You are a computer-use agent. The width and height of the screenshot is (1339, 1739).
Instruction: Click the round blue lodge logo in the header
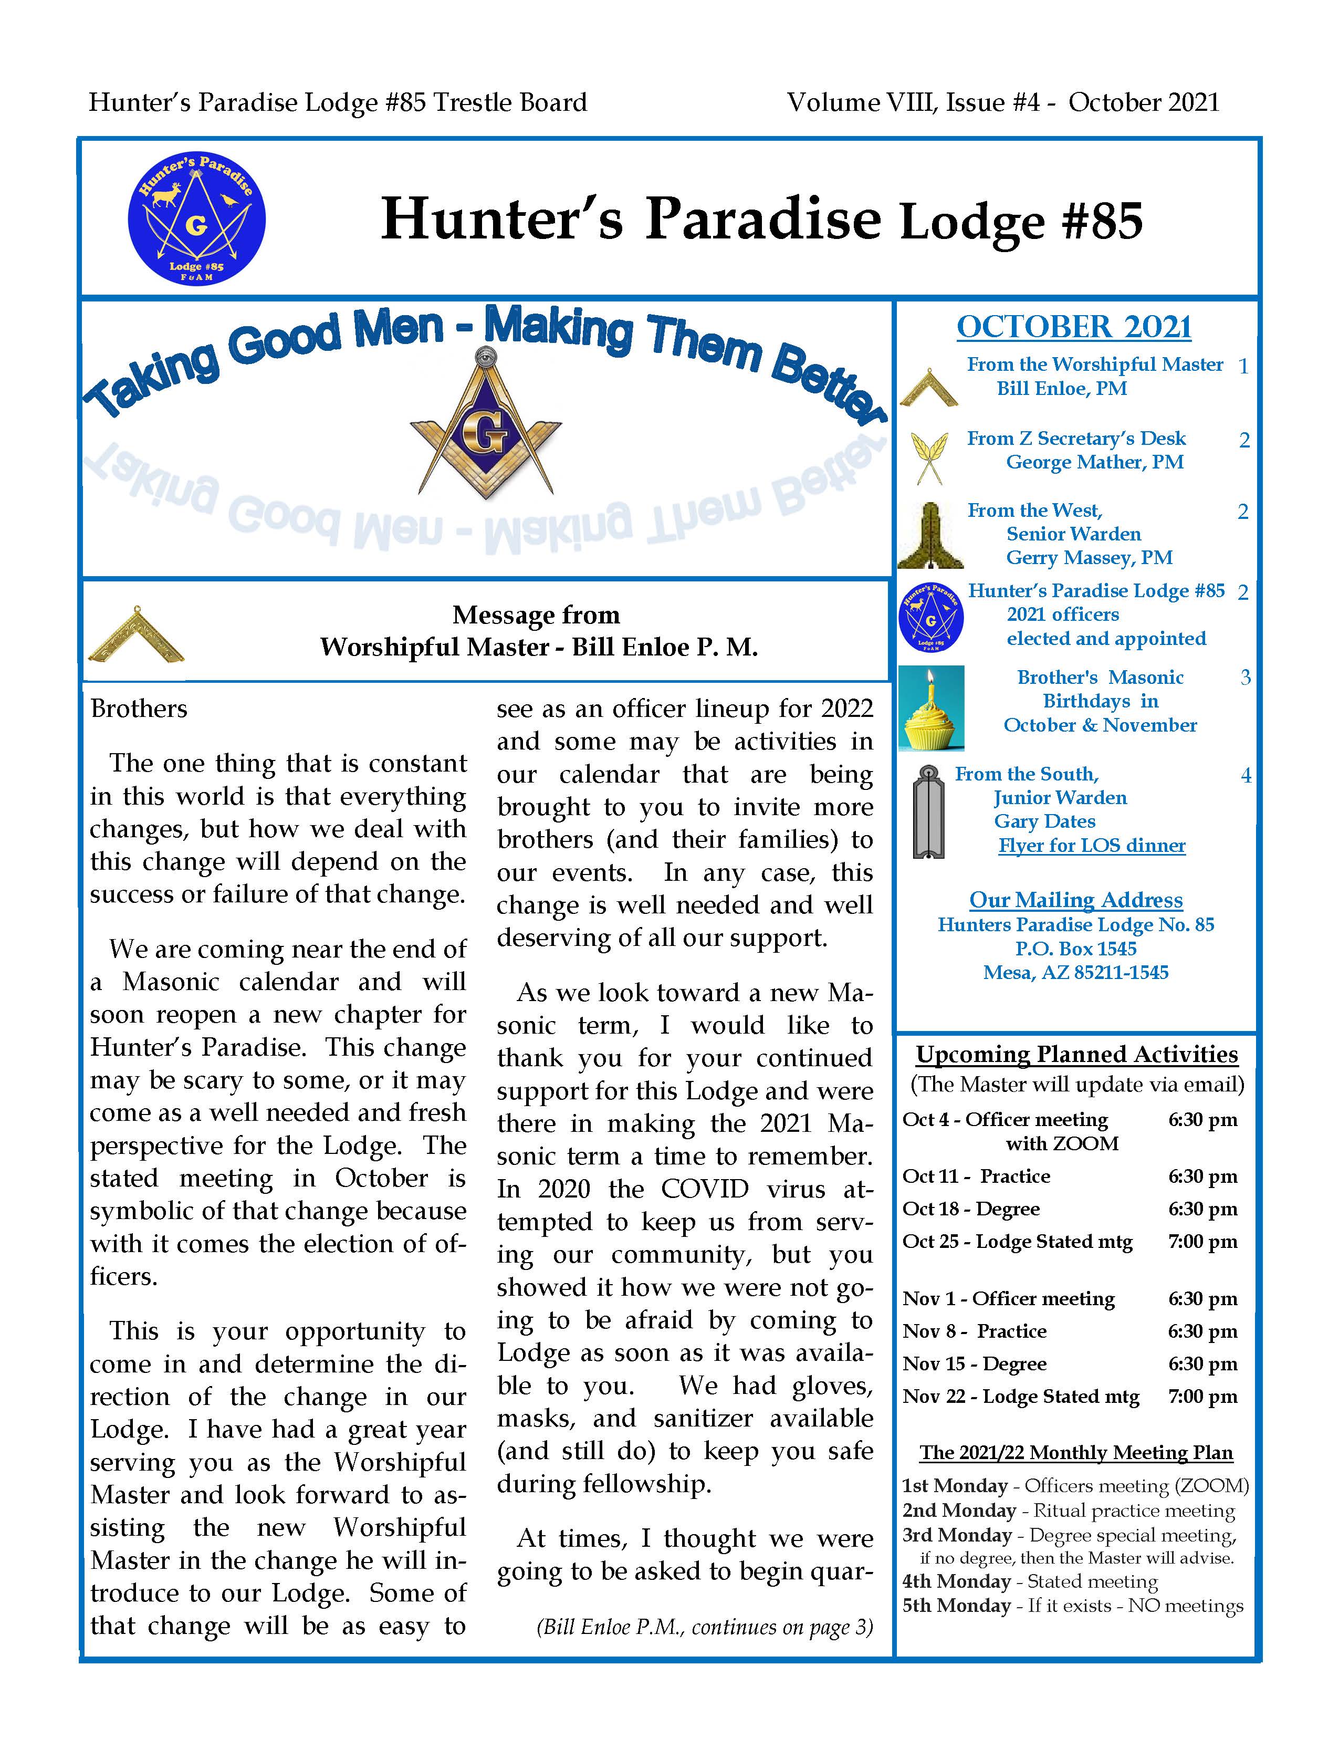196,217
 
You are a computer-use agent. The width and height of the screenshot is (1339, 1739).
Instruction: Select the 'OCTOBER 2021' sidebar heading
1074,327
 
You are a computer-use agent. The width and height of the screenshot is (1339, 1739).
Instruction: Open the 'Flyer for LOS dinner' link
1092,845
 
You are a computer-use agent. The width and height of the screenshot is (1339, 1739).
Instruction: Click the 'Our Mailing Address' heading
1075,900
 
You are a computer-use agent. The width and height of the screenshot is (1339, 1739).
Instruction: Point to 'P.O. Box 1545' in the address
1075,949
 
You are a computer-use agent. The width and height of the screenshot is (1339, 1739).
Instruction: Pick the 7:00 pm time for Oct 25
1202,1241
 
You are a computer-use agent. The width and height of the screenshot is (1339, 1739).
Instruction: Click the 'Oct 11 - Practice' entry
976,1176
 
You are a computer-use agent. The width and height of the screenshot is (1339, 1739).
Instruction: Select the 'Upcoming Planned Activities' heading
1076,1054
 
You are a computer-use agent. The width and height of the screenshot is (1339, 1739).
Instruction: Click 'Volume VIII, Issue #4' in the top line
913,103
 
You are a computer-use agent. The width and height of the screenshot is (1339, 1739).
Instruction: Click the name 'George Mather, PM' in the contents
1095,462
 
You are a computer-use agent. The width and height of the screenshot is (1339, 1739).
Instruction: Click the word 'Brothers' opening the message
139,709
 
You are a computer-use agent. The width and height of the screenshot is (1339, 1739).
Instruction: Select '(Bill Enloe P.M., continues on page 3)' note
705,1626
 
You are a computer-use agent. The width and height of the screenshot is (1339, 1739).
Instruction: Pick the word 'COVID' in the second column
705,1189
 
